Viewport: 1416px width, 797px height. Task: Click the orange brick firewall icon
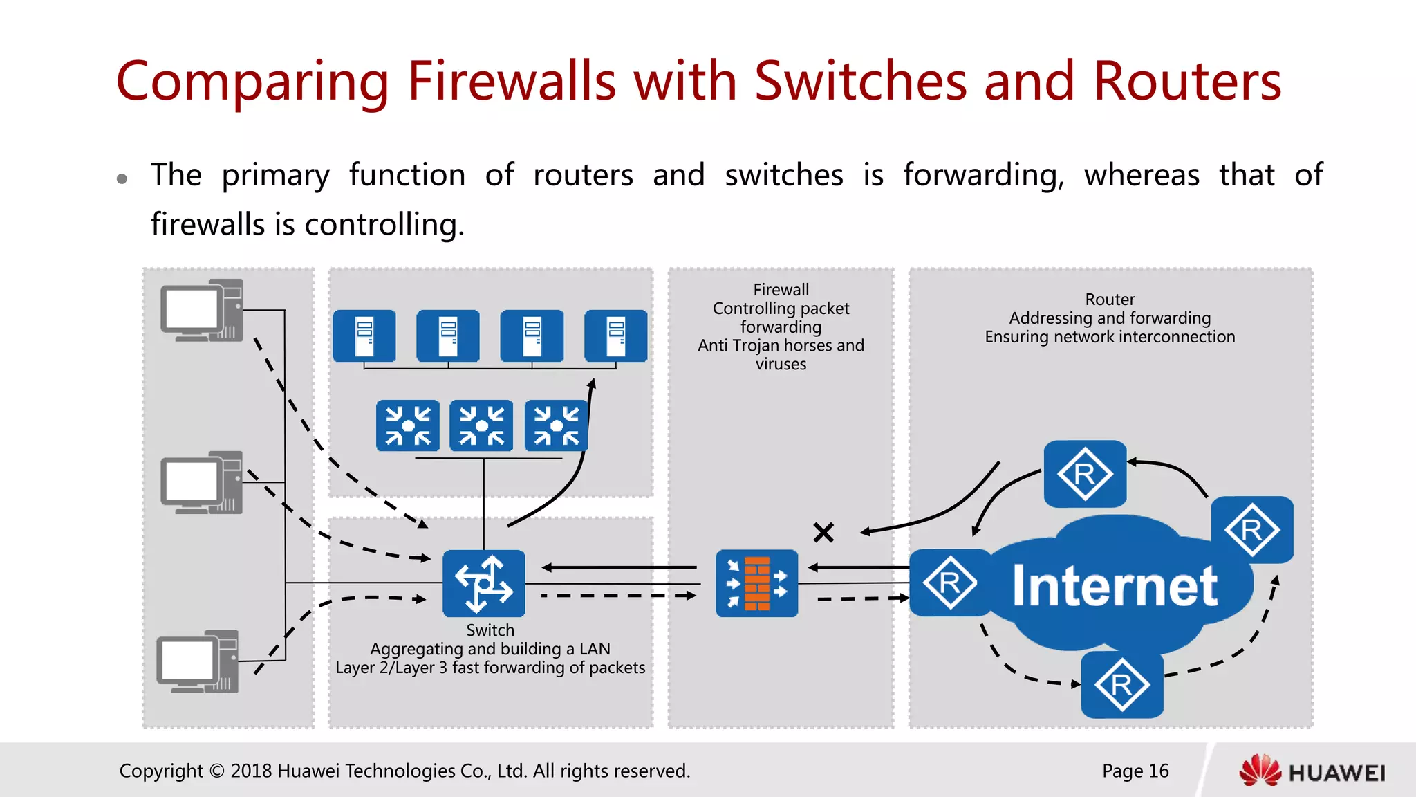[x=757, y=583]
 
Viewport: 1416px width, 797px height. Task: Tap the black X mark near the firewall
[x=823, y=532]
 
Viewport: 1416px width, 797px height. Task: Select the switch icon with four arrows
[x=484, y=583]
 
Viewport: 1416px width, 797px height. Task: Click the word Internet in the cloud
[x=1115, y=586]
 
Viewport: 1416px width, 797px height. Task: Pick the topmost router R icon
[x=1084, y=474]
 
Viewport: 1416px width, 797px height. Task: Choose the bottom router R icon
[x=1121, y=685]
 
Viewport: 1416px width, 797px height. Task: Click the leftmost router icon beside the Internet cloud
[x=950, y=583]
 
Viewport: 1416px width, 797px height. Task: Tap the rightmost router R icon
[x=1251, y=530]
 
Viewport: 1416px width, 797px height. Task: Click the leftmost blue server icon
[x=364, y=336]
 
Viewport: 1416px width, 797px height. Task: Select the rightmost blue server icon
[x=616, y=336]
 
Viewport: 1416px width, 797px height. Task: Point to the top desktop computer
[x=202, y=311]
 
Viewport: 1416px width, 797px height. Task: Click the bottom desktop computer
[x=198, y=661]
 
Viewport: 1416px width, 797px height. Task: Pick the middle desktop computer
[x=202, y=482]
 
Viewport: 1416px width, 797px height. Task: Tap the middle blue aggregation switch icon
[x=481, y=425]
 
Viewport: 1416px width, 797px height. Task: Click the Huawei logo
[x=1312, y=771]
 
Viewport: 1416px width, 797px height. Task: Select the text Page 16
[x=1135, y=771]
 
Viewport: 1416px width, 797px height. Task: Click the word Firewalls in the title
[x=512, y=82]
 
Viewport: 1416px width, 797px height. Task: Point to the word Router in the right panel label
[x=1110, y=300]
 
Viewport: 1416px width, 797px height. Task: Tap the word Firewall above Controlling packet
[x=781, y=290]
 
